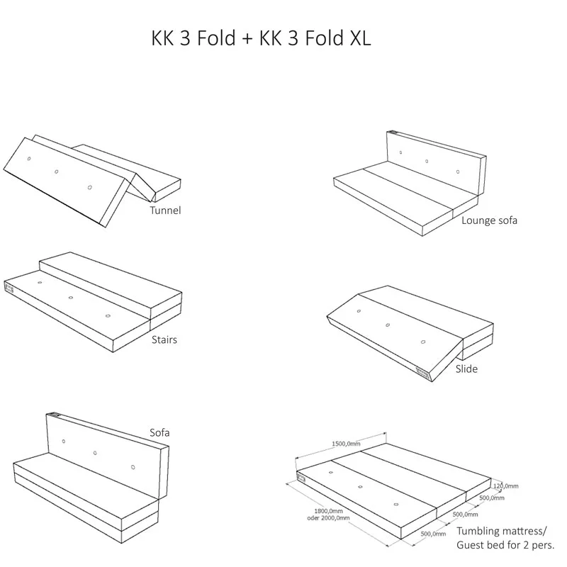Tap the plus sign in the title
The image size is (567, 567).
pyautogui.click(x=247, y=39)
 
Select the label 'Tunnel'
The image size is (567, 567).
pyautogui.click(x=165, y=210)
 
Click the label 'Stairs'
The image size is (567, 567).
pyautogui.click(x=164, y=339)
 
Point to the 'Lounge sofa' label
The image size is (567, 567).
pyautogui.click(x=489, y=220)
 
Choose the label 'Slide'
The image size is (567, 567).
pyautogui.click(x=466, y=369)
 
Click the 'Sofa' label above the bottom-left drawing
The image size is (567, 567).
pyautogui.click(x=159, y=432)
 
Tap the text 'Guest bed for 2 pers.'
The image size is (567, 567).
pyautogui.click(x=505, y=544)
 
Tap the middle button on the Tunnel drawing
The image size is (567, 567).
pyautogui.click(x=56, y=171)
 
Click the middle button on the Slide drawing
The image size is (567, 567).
pyautogui.click(x=388, y=325)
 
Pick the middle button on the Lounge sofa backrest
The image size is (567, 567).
pyautogui.click(x=427, y=161)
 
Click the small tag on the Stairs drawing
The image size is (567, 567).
pyautogui.click(x=9, y=288)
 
